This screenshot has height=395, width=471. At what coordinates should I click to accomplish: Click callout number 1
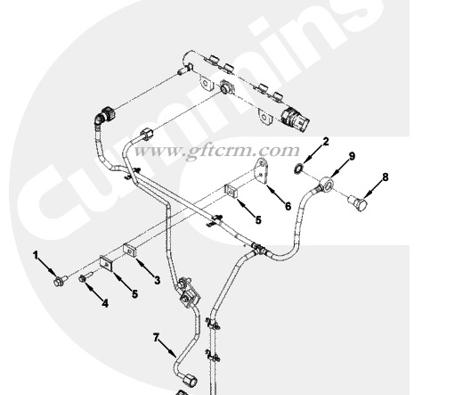[x=36, y=256]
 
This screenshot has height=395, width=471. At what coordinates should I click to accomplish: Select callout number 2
[x=326, y=142]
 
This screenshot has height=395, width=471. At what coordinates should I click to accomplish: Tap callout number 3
[x=157, y=280]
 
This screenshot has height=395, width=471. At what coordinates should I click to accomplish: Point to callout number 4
[x=105, y=303]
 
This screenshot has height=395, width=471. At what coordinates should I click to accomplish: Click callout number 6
[x=288, y=206]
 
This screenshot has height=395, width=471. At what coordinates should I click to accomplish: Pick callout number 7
[x=156, y=338]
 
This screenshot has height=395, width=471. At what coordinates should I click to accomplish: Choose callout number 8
[x=386, y=177]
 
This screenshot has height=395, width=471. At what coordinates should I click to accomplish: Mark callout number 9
[x=352, y=156]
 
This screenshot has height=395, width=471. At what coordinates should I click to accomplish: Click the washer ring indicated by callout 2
[x=298, y=169]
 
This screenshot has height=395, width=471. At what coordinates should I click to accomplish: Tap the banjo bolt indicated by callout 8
[x=358, y=202]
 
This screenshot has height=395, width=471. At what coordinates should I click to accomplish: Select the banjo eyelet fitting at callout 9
[x=327, y=183]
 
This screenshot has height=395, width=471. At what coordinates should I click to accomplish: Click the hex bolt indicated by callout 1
[x=60, y=281]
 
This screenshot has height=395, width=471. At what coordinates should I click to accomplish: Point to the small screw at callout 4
[x=85, y=276]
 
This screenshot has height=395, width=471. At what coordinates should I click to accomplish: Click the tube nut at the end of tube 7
[x=191, y=378]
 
